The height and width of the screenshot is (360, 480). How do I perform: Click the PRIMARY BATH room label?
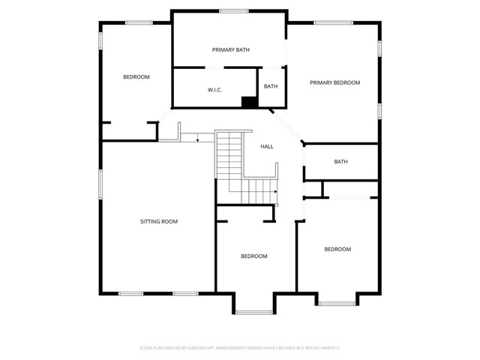click(x=231, y=50)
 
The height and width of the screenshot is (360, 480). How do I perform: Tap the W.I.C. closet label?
click(x=214, y=90)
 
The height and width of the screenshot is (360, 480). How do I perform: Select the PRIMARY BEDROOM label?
click(x=335, y=82)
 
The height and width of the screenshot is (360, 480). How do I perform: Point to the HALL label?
click(x=267, y=146)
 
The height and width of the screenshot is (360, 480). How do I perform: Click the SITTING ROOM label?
click(x=159, y=221)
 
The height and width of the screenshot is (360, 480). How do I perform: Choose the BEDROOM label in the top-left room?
click(x=136, y=77)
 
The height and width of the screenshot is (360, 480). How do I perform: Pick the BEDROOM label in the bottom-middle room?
click(x=253, y=256)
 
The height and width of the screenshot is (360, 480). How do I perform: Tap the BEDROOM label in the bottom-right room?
click(x=337, y=249)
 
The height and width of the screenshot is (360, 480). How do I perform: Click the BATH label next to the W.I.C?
click(x=271, y=86)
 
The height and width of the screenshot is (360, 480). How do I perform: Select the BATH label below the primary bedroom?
click(x=341, y=161)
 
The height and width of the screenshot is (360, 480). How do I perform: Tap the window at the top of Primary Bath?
click(x=234, y=10)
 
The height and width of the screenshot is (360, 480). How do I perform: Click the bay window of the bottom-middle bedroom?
click(x=253, y=312)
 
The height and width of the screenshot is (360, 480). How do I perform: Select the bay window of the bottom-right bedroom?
click(x=337, y=304)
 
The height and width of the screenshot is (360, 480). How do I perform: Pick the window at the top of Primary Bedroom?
click(x=334, y=22)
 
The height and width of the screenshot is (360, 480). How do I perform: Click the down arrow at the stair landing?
click(x=196, y=138)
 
